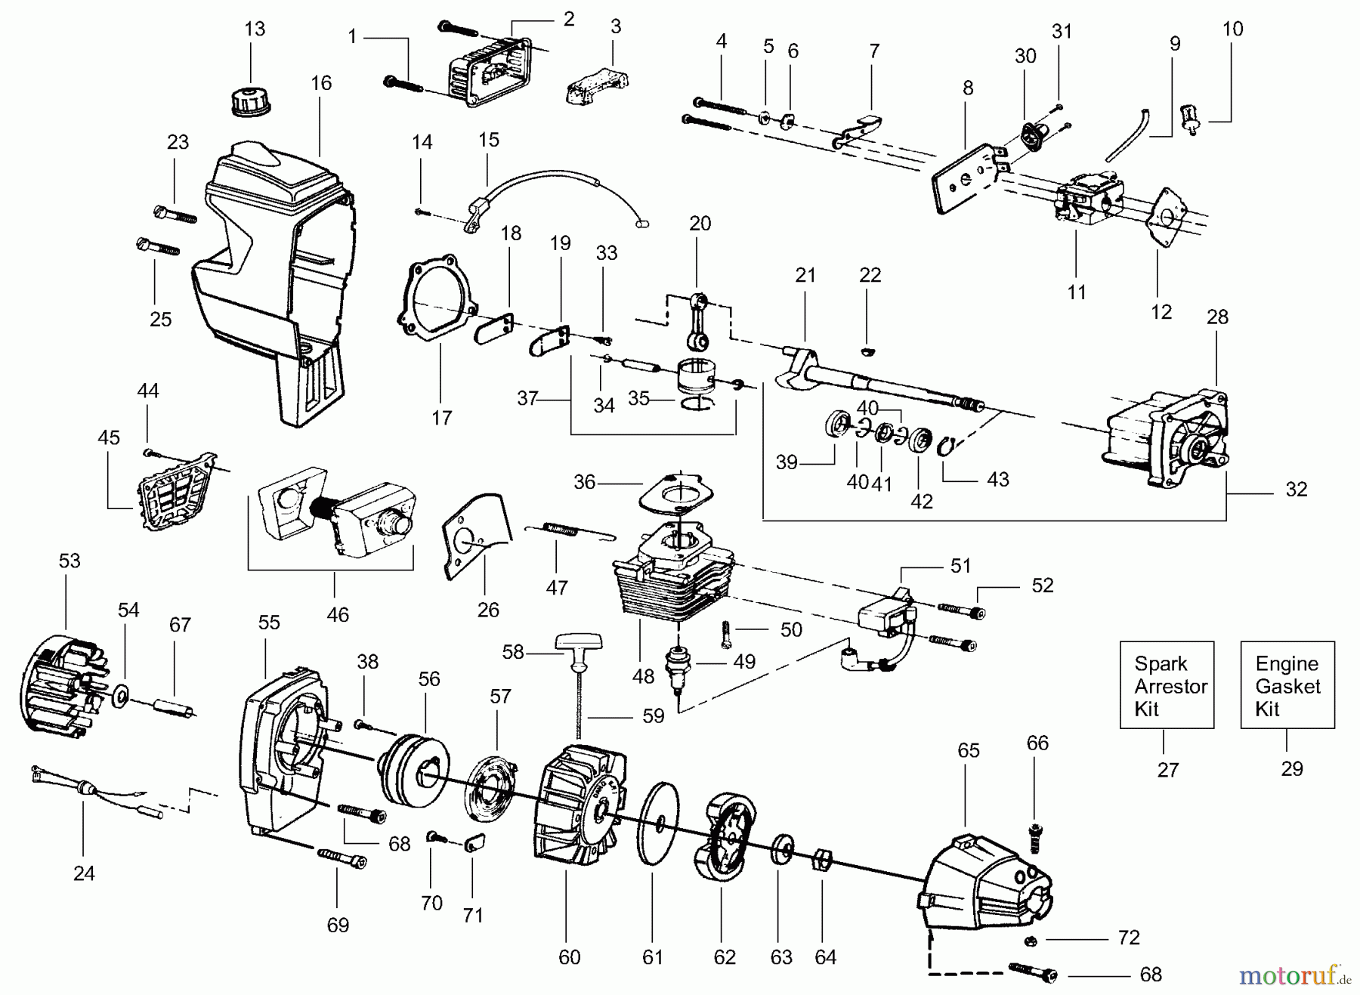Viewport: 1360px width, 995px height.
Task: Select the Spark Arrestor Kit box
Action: point(1166,685)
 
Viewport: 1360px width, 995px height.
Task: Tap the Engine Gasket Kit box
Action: point(1287,685)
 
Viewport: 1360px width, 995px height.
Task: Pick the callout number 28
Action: point(1217,317)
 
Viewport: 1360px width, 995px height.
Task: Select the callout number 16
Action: point(321,83)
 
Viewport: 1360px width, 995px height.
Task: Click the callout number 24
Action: point(84,873)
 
